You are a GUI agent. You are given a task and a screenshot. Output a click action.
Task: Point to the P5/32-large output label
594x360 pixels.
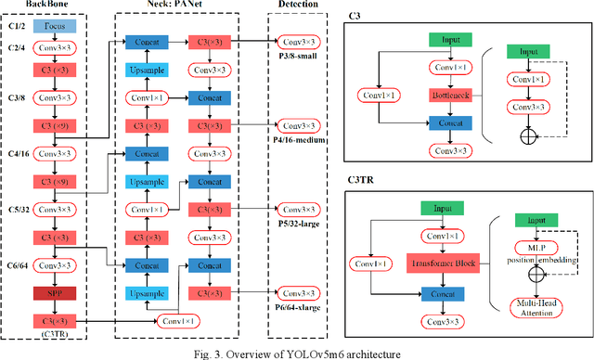click(x=299, y=224)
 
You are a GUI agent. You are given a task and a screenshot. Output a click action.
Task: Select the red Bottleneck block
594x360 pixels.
click(x=450, y=94)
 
